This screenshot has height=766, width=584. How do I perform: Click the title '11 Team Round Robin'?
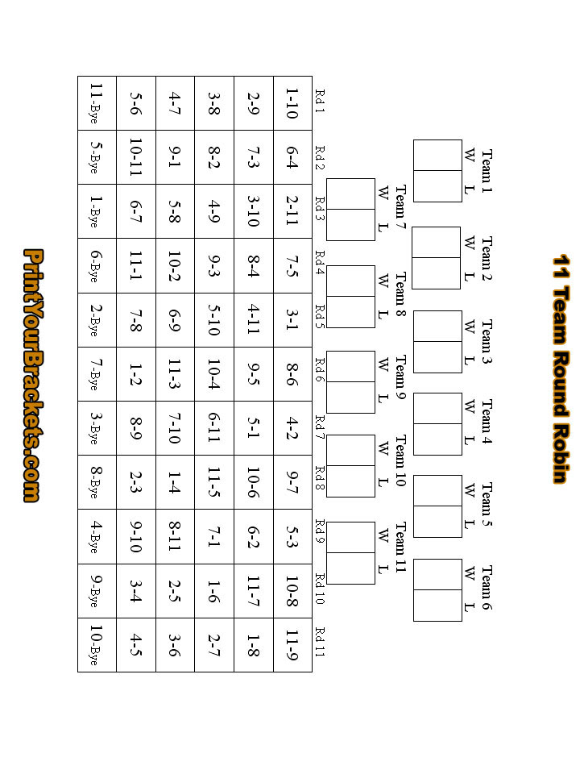tap(561, 369)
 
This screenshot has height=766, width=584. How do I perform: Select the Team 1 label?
tap(487, 170)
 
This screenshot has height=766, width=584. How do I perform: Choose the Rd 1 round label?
tap(320, 102)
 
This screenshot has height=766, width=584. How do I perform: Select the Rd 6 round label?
tap(320, 373)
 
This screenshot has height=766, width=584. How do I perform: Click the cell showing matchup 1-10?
tap(292, 102)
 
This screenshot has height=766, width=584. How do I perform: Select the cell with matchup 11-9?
tap(292, 644)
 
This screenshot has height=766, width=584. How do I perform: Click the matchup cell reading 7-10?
tap(175, 427)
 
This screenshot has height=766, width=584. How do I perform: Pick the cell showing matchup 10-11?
tap(135, 156)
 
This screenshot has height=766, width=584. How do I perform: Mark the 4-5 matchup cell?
tap(135, 644)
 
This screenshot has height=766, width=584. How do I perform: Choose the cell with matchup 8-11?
tap(175, 536)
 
